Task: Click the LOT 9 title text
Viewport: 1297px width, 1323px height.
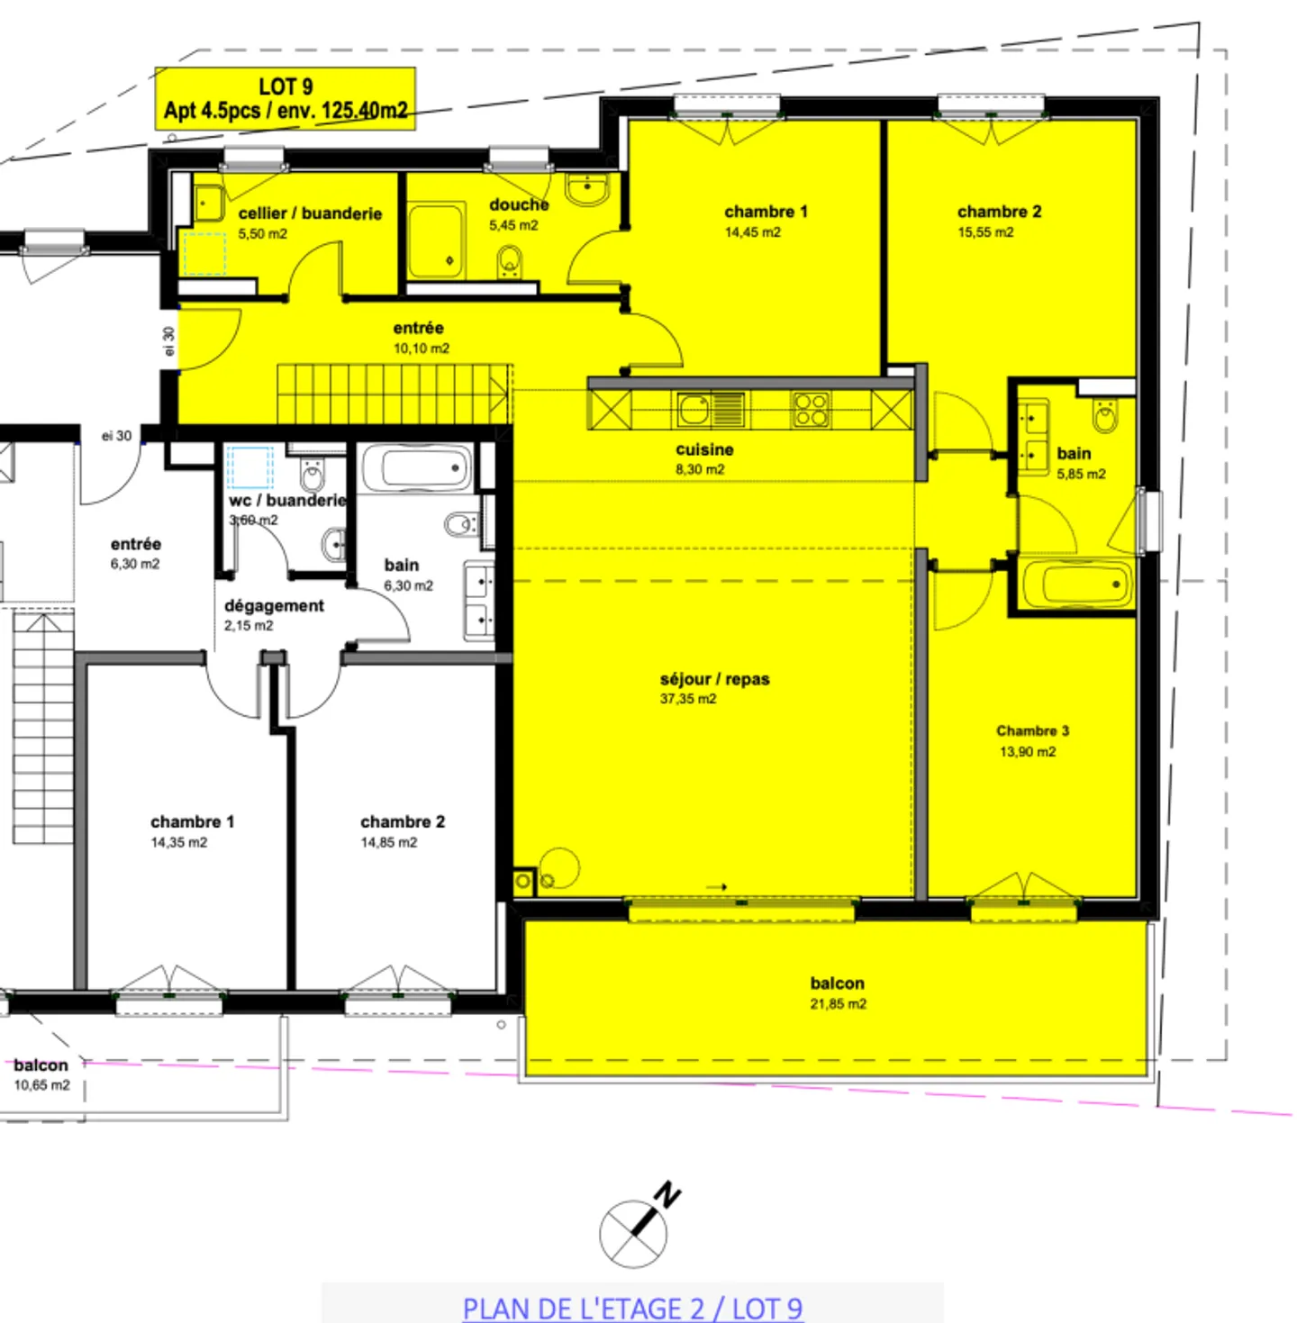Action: coord(286,86)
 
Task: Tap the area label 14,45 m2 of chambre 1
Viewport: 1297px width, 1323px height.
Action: coord(752,232)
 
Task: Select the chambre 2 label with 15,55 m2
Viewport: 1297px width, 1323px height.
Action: coord(999,212)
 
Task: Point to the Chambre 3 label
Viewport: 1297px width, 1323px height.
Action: coord(1032,730)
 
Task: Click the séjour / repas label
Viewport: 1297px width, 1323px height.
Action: coord(714,679)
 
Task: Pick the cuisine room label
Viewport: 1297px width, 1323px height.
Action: coord(704,449)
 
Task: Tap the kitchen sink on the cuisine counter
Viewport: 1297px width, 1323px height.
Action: coord(695,410)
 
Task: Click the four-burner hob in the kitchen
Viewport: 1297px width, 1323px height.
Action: coord(811,410)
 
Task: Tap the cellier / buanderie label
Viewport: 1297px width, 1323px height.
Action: coord(310,213)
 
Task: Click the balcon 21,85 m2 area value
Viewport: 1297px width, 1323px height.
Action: coord(838,1004)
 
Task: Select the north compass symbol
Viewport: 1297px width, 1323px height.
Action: coord(636,1230)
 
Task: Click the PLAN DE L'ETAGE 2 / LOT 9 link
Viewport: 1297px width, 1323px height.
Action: coord(632,1308)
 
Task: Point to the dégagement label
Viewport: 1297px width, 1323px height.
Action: coord(274,605)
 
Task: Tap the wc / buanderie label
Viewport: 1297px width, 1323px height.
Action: coord(287,500)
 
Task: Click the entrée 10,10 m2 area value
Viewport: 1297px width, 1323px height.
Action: coord(421,349)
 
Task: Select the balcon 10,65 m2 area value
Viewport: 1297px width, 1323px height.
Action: coord(41,1085)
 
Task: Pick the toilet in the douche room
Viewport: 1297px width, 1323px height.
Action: coord(510,263)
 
